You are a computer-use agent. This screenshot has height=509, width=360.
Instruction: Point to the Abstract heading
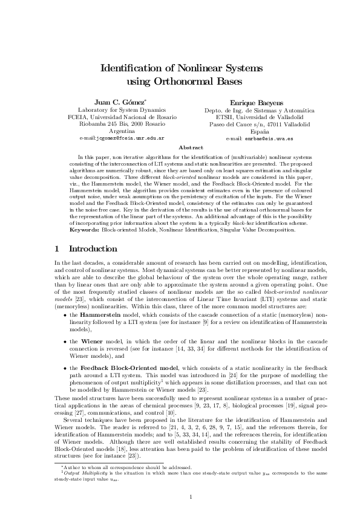190,148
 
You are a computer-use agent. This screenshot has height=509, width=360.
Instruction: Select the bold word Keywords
83,230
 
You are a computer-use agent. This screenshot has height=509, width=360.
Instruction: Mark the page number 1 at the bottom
190,481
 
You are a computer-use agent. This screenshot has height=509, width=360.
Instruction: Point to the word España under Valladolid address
259,131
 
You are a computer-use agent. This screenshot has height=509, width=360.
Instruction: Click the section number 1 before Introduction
56,248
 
